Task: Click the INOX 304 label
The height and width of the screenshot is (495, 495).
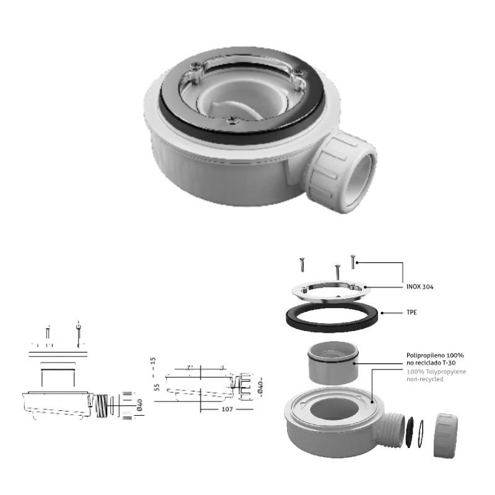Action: click(x=420, y=286)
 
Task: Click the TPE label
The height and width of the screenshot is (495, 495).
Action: click(x=411, y=312)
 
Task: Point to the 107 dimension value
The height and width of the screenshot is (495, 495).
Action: click(x=227, y=409)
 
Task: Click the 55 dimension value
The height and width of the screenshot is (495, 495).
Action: click(x=157, y=387)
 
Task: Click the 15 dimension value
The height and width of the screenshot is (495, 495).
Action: click(x=153, y=361)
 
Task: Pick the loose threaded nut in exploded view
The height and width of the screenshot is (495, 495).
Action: click(x=445, y=436)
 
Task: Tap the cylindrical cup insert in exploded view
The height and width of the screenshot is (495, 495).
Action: click(x=333, y=363)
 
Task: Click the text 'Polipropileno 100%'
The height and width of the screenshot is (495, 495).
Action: click(x=435, y=355)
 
